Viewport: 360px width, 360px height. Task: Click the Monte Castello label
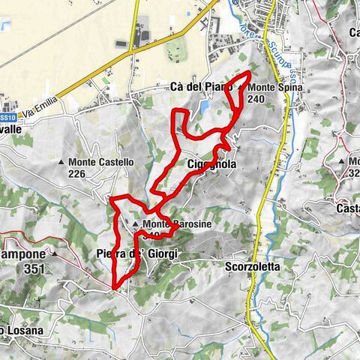101,162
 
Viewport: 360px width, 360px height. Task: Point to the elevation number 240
256,99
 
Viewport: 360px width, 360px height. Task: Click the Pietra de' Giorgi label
137,255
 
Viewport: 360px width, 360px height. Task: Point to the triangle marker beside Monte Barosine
136,224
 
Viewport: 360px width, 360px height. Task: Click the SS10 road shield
7,118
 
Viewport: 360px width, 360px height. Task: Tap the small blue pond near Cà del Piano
204,109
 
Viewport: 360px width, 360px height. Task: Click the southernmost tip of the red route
113,287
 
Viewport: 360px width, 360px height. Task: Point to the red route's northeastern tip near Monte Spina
249,73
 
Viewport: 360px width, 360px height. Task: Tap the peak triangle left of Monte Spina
240,88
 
